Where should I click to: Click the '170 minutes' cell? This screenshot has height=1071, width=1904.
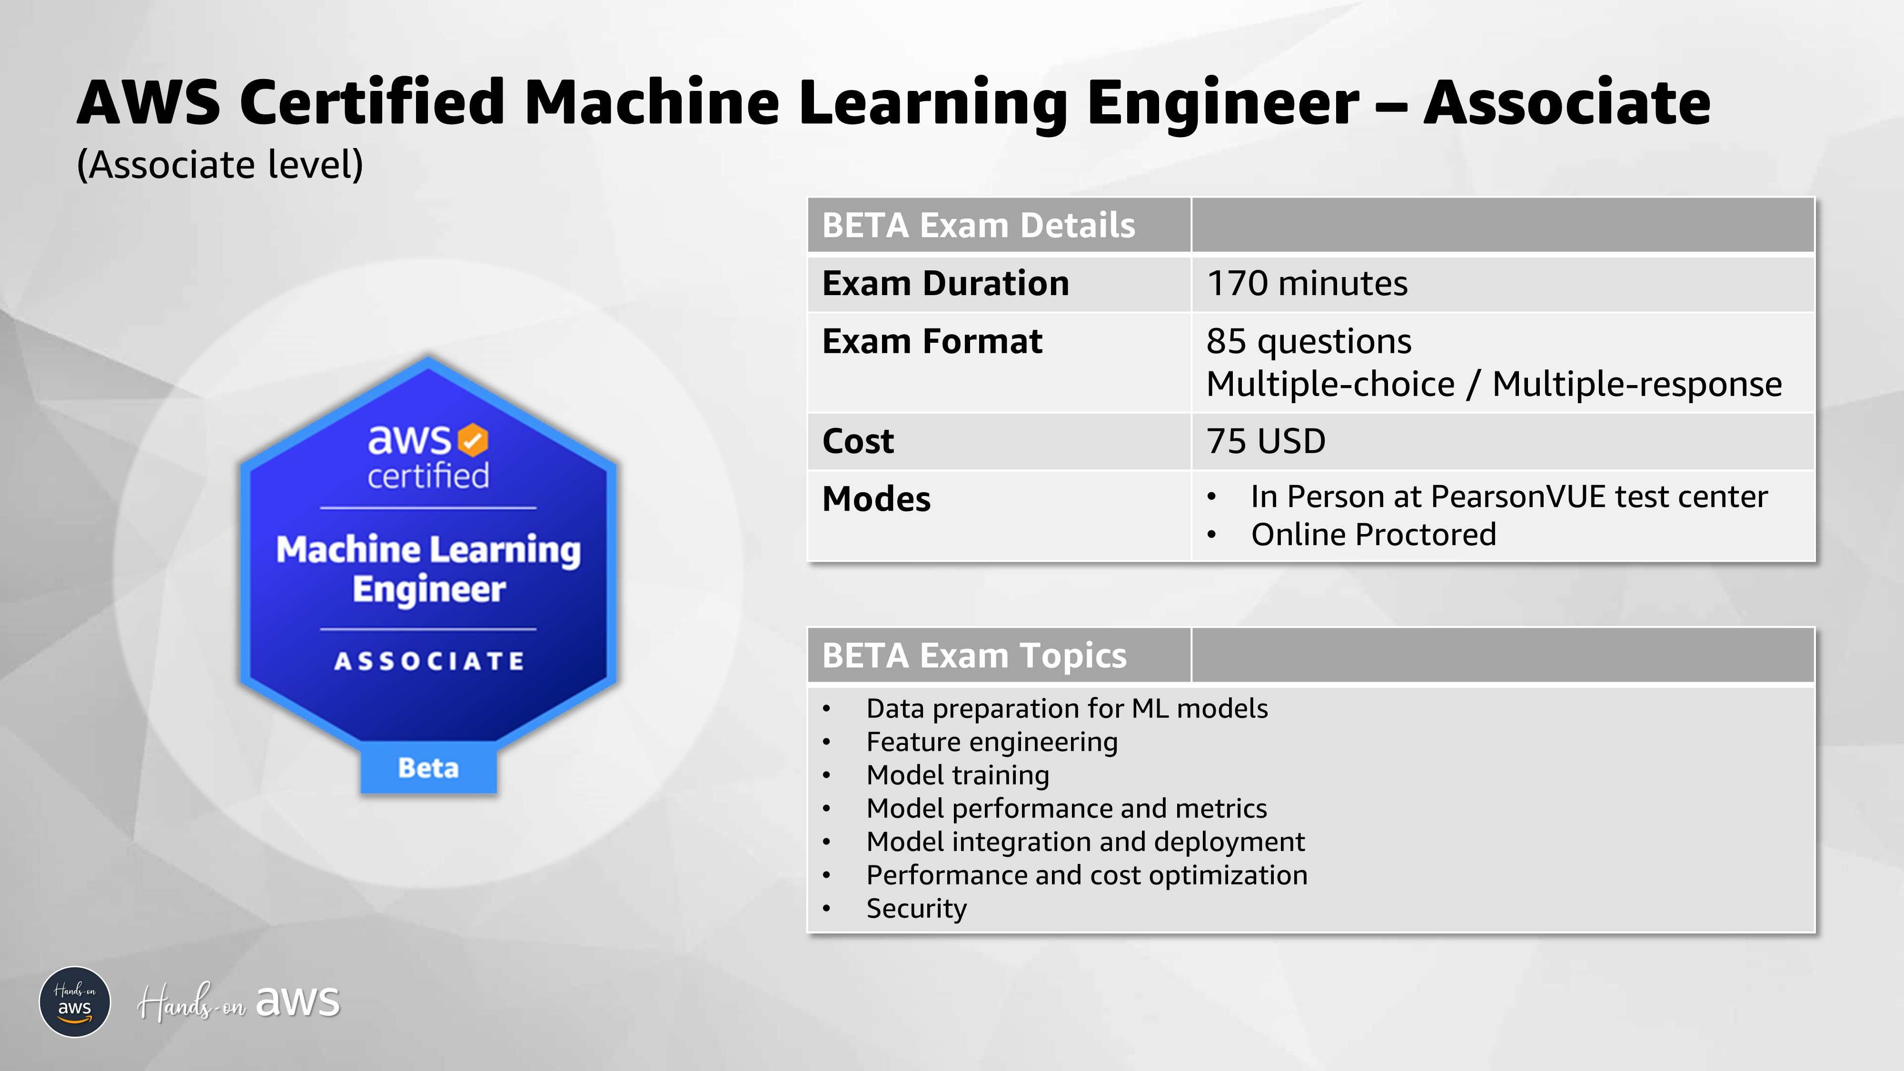point(1307,284)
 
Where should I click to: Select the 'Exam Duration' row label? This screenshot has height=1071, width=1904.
point(945,284)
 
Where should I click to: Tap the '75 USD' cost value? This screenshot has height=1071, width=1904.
point(1265,441)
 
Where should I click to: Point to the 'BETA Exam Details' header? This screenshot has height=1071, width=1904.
point(978,226)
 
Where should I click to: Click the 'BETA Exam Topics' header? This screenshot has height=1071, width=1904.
point(974,655)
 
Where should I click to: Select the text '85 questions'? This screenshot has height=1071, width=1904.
point(1308,341)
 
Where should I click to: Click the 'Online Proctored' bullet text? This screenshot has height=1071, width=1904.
point(1373,535)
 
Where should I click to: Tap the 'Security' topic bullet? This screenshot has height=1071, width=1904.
point(916,908)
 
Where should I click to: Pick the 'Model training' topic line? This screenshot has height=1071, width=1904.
point(957,775)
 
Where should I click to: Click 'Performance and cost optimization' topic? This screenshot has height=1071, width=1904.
point(1087,875)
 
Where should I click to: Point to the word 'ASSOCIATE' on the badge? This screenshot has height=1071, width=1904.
point(429,661)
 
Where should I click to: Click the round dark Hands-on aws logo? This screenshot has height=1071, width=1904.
point(75,1002)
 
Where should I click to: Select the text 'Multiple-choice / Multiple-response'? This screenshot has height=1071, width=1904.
point(1493,384)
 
